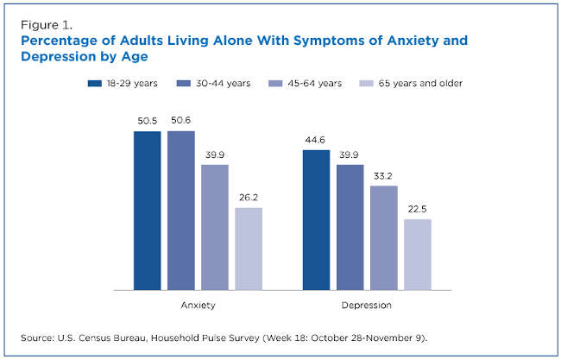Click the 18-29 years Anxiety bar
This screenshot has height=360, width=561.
click(x=147, y=211)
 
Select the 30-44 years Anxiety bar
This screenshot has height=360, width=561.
click(x=180, y=211)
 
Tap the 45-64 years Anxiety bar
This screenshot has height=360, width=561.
click(x=215, y=227)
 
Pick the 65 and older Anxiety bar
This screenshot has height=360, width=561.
click(x=249, y=249)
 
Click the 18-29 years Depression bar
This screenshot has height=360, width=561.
click(x=316, y=220)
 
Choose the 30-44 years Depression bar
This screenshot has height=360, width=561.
click(x=350, y=227)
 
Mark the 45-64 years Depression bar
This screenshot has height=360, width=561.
click(x=384, y=237)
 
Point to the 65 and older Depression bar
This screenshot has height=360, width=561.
click(x=418, y=255)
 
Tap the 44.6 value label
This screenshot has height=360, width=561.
click(x=316, y=140)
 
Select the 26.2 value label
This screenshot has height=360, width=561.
click(x=249, y=198)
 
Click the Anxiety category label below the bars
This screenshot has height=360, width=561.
click(x=198, y=305)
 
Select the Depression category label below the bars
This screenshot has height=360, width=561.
click(x=367, y=305)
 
